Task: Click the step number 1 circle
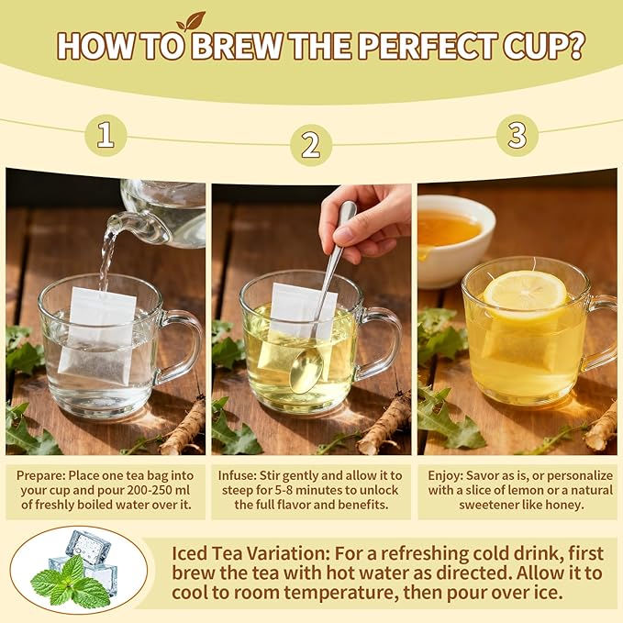[x=106, y=135]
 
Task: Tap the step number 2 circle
[x=311, y=145]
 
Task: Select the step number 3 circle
[x=517, y=135]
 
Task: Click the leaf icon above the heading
[x=191, y=21]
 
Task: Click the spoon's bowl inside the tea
[x=306, y=371]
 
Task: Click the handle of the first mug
[x=180, y=346]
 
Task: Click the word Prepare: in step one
[x=41, y=475]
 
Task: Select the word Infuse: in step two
[x=238, y=475]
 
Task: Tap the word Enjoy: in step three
[x=445, y=475]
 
